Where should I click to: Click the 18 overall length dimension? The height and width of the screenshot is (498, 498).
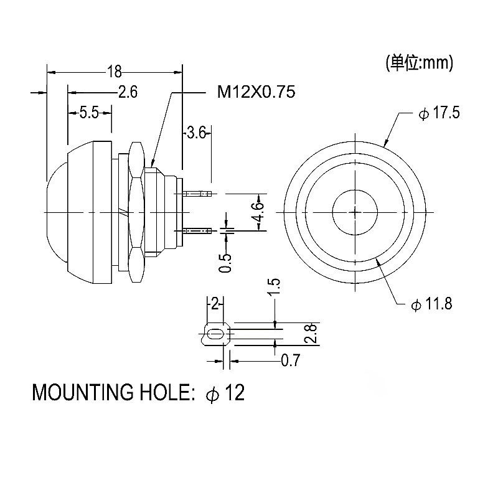pyautogui.click(x=114, y=71)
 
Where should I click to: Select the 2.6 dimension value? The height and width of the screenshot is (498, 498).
pyautogui.click(x=128, y=92)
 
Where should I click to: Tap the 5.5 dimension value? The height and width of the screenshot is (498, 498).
pyautogui.click(x=90, y=113)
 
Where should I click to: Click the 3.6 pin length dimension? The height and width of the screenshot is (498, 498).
pyautogui.click(x=195, y=133)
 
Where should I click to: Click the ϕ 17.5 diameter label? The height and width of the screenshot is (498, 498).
pyautogui.click(x=440, y=114)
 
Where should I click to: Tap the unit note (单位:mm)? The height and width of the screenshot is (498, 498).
pyautogui.click(x=419, y=62)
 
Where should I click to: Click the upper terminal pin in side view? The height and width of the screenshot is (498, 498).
pyautogui.click(x=197, y=194)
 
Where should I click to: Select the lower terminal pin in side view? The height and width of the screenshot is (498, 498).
pyautogui.click(x=197, y=230)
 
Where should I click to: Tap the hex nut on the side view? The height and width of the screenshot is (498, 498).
pyautogui.click(x=136, y=212)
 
